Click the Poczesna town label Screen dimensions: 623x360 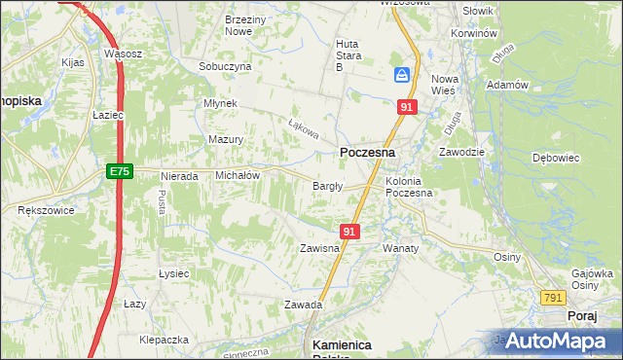(x=367, y=153)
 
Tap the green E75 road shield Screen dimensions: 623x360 (x=119, y=171)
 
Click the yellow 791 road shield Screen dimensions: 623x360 (x=554, y=298)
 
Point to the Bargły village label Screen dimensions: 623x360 (x=325, y=187)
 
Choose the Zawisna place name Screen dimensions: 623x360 (x=318, y=248)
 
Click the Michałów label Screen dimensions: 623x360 (x=237, y=175)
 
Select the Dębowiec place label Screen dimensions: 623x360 (x=556, y=157)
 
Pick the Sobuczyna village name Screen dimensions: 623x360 (x=225, y=66)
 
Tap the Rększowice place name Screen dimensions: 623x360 (x=41, y=209)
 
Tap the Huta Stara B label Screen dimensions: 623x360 (x=348, y=55)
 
